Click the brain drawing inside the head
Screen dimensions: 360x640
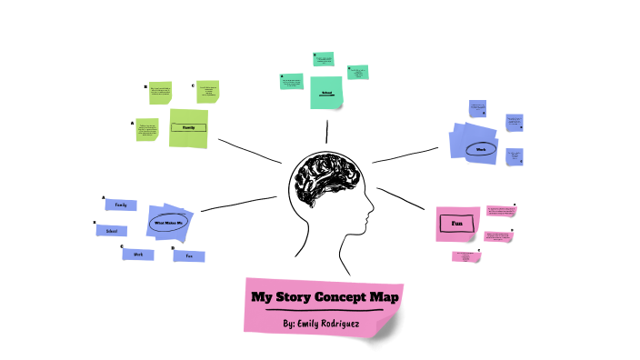click(x=325, y=182)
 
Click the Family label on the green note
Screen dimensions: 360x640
click(x=189, y=127)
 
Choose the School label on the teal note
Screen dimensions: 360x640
click(x=326, y=92)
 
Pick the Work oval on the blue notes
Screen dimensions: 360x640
click(x=481, y=148)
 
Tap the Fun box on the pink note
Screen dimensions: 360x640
click(x=457, y=222)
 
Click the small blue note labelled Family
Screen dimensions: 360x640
click(x=120, y=205)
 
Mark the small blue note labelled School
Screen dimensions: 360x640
click(x=111, y=231)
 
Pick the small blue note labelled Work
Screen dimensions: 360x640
click(x=138, y=255)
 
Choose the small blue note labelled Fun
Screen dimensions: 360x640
click(x=189, y=256)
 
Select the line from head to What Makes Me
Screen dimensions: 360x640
click(x=238, y=204)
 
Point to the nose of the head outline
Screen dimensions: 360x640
click(x=372, y=215)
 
